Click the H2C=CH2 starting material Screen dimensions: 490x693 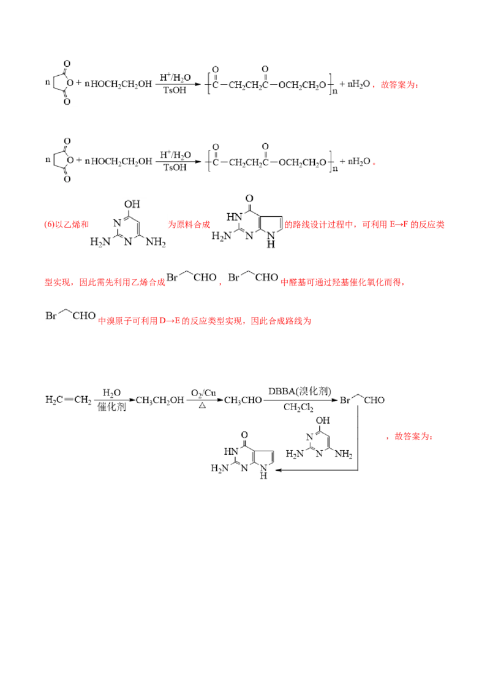pyautogui.click(x=68, y=400)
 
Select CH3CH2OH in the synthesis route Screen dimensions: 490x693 pyautogui.click(x=160, y=400)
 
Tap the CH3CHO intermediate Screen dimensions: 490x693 pyautogui.click(x=243, y=400)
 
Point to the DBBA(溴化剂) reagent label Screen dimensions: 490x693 pyautogui.click(x=300, y=391)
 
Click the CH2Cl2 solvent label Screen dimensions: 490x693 pyautogui.click(x=298, y=407)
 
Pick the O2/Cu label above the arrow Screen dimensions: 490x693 pyautogui.click(x=203, y=393)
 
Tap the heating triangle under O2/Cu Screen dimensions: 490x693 pyautogui.click(x=202, y=406)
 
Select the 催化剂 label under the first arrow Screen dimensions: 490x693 pyautogui.click(x=111, y=406)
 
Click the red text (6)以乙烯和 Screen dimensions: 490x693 pyautogui.click(x=66, y=225)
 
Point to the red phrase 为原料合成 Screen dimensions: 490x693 pyautogui.click(x=189, y=225)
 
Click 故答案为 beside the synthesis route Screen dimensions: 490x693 pyautogui.click(x=410, y=436)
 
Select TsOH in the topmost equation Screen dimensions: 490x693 pyautogui.click(x=175, y=90)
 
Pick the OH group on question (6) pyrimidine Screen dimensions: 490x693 pyautogui.click(x=132, y=204)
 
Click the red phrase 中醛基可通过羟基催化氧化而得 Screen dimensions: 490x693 pyautogui.click(x=343, y=282)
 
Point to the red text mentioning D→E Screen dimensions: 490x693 pyautogui.click(x=205, y=321)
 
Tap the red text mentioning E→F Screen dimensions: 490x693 pyautogui.click(x=364, y=225)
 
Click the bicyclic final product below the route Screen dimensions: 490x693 pyautogui.click(x=243, y=455)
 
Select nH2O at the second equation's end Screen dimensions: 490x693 pyautogui.click(x=359, y=162)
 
